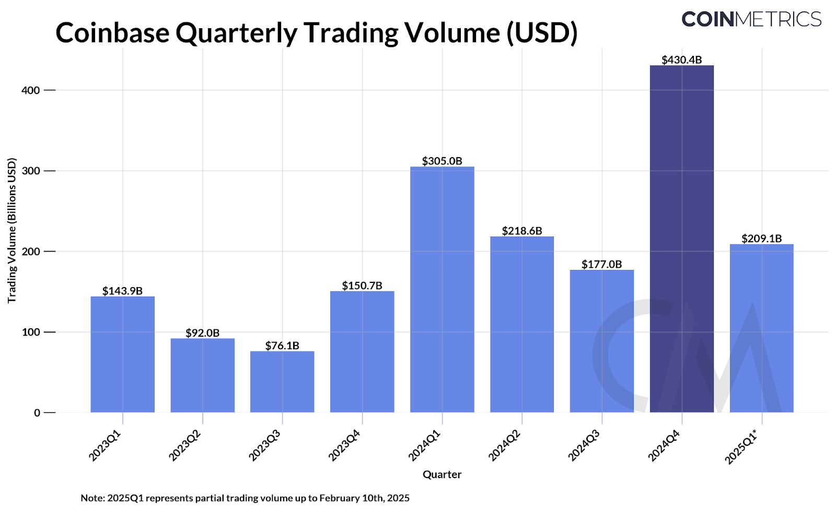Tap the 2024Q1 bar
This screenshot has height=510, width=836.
click(x=442, y=289)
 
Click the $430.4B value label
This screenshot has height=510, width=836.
click(x=681, y=60)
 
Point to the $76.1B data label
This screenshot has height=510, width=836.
click(x=282, y=346)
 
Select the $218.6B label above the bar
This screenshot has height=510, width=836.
click(x=522, y=231)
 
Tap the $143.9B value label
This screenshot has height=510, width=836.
click(x=122, y=291)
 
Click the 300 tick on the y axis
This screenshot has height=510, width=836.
click(x=31, y=171)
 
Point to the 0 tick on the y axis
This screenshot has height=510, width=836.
click(x=37, y=412)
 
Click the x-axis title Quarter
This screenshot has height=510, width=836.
click(x=442, y=475)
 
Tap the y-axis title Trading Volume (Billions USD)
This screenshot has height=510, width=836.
click(x=11, y=230)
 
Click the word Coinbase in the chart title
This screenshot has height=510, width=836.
click(x=112, y=32)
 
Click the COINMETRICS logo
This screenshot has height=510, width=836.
click(x=751, y=19)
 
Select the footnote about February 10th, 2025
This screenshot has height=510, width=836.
click(x=245, y=498)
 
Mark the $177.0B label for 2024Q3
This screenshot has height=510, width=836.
click(x=602, y=264)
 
